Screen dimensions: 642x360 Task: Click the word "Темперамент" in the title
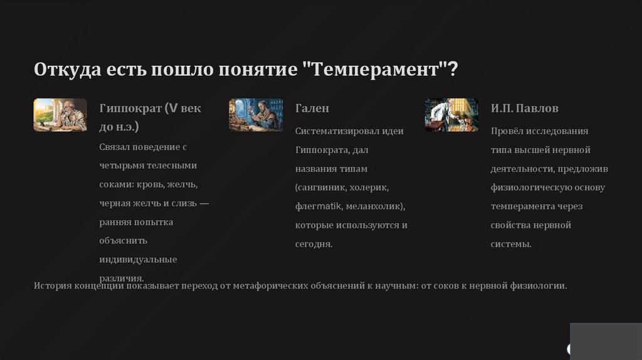tap(376, 70)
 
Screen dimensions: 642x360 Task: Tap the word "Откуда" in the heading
tap(68, 69)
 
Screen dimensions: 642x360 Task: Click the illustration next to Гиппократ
tap(60, 115)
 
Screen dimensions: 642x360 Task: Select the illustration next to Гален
tap(256, 115)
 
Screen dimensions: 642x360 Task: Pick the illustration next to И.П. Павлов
tap(451, 115)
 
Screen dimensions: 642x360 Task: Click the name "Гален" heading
tap(312, 108)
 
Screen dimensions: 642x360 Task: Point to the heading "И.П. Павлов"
tap(525, 108)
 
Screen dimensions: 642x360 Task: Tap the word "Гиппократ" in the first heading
tap(130, 109)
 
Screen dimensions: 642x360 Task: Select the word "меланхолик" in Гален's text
tap(374, 206)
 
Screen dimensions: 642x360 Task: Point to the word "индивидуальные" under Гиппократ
tap(138, 260)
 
